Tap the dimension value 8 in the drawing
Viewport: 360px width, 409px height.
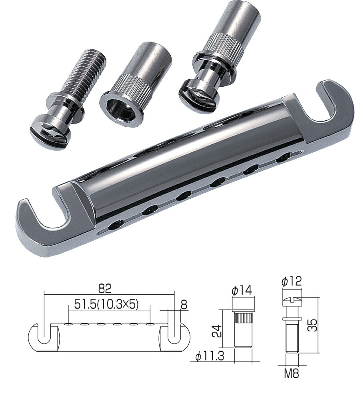pos(184,305)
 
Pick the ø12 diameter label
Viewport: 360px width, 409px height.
pos(291,282)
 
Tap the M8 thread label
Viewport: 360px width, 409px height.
pos(292,374)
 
